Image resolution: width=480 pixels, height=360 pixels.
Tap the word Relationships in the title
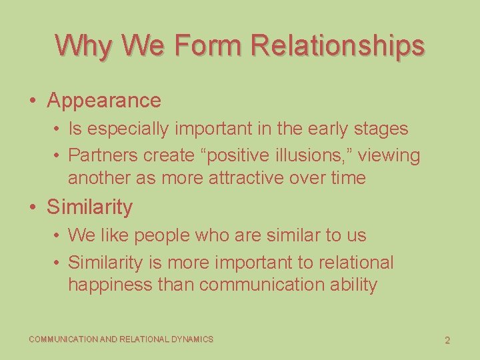point(337,45)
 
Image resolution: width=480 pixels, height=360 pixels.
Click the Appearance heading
point(104,101)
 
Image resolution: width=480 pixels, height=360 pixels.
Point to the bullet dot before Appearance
point(33,101)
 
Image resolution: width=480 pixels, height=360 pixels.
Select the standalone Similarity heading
point(89,207)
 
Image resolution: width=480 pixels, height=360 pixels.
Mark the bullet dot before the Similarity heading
point(33,207)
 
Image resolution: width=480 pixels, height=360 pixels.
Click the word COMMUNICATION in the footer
point(63,339)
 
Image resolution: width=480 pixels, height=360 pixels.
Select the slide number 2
point(447,340)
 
